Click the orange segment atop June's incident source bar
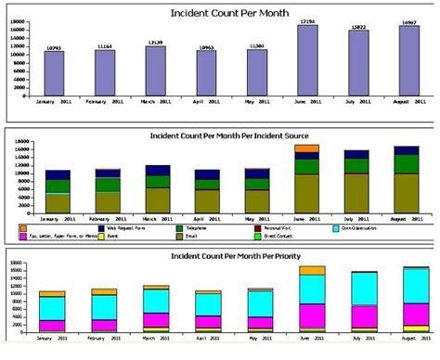[306, 148]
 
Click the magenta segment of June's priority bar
[306, 315]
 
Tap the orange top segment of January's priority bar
[54, 293]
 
